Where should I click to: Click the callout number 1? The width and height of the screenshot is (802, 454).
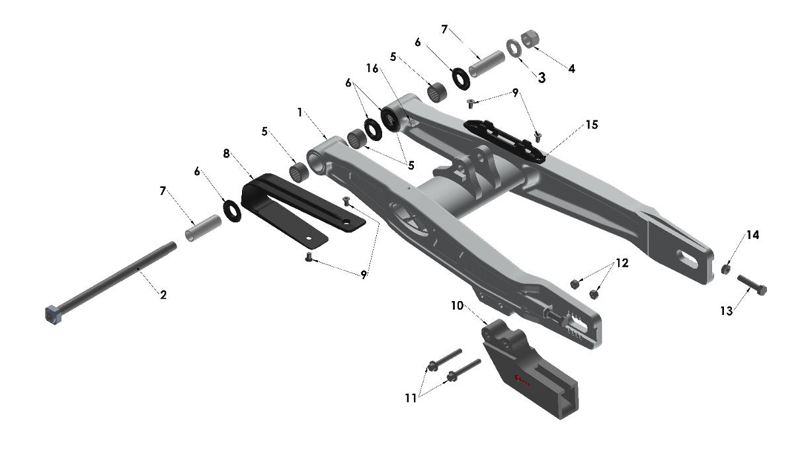click(x=300, y=113)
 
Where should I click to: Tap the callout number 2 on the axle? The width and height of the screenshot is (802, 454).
click(x=163, y=295)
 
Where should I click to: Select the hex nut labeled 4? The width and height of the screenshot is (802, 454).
click(x=529, y=40)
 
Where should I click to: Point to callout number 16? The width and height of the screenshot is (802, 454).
click(x=372, y=68)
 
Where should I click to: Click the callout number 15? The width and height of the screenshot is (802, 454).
click(x=590, y=124)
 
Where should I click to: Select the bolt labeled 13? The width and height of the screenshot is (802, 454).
click(x=752, y=287)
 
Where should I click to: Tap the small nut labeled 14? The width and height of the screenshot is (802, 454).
click(x=725, y=269)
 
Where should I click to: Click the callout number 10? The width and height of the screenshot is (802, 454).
click(x=458, y=306)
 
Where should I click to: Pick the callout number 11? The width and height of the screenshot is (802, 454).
click(x=412, y=398)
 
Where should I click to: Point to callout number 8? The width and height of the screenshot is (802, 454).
click(x=226, y=154)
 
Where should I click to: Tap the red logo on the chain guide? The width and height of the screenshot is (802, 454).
click(x=524, y=379)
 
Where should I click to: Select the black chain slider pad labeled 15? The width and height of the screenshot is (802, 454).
click(x=505, y=136)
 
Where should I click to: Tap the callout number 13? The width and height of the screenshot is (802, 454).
click(x=727, y=311)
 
